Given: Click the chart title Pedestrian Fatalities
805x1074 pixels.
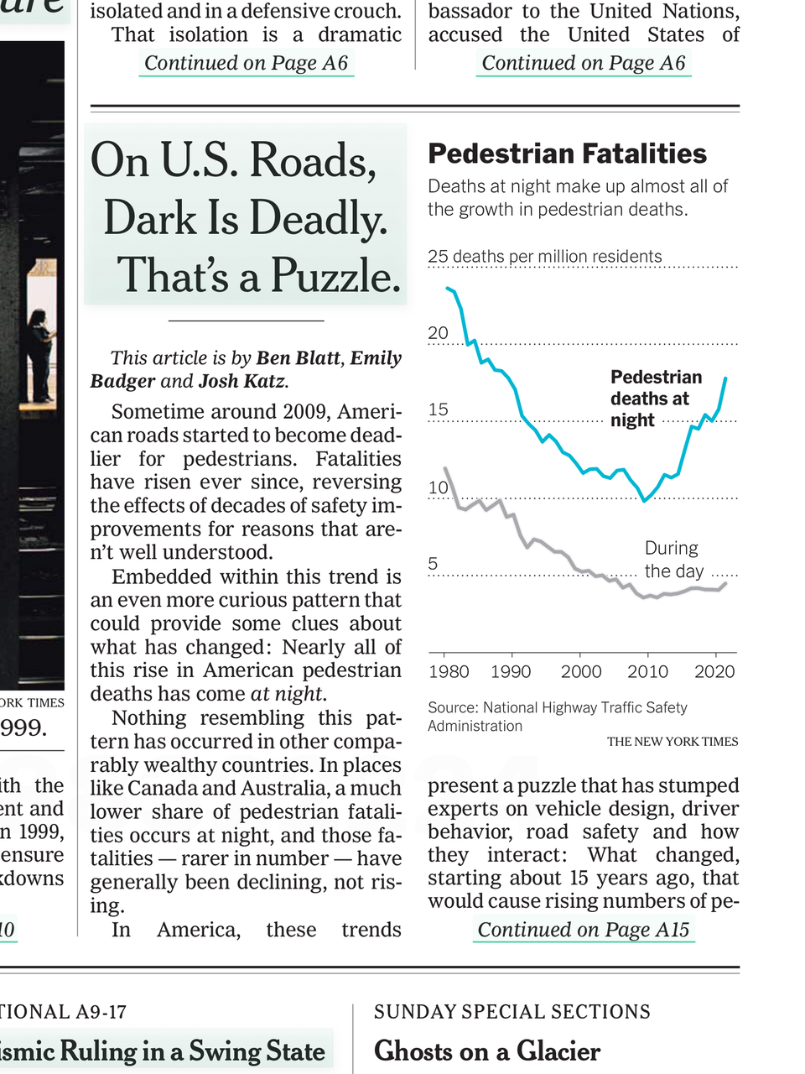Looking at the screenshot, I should pyautogui.click(x=567, y=154).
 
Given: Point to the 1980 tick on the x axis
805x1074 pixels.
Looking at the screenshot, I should pyautogui.click(x=449, y=671).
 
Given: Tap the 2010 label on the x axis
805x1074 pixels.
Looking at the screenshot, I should pyautogui.click(x=647, y=671).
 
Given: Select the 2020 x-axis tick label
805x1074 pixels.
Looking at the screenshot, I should pyautogui.click(x=714, y=671).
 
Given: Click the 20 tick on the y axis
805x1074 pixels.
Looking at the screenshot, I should pyautogui.click(x=438, y=333).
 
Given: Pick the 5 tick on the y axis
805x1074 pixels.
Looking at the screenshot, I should pyautogui.click(x=433, y=564).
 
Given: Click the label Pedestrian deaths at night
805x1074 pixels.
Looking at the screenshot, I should pyautogui.click(x=655, y=399).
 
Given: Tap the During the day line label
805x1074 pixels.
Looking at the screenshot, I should pyautogui.click(x=671, y=560).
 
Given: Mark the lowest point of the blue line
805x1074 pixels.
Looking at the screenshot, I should pyautogui.click(x=644, y=501).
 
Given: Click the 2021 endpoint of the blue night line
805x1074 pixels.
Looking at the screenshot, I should pyautogui.click(x=726, y=379).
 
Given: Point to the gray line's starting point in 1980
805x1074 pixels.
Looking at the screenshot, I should pyautogui.click(x=445, y=468).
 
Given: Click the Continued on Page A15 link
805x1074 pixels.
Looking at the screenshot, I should pyautogui.click(x=584, y=930).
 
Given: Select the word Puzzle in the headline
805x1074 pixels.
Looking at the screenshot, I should pyautogui.click(x=335, y=275).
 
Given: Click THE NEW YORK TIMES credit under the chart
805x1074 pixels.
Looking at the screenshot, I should pyautogui.click(x=673, y=742).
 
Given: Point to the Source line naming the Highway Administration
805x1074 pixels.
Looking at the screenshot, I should pyautogui.click(x=557, y=717).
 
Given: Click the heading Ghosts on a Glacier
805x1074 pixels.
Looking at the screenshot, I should pyautogui.click(x=487, y=1051).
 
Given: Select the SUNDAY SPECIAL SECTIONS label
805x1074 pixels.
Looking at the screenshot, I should pyautogui.click(x=512, y=1012).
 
